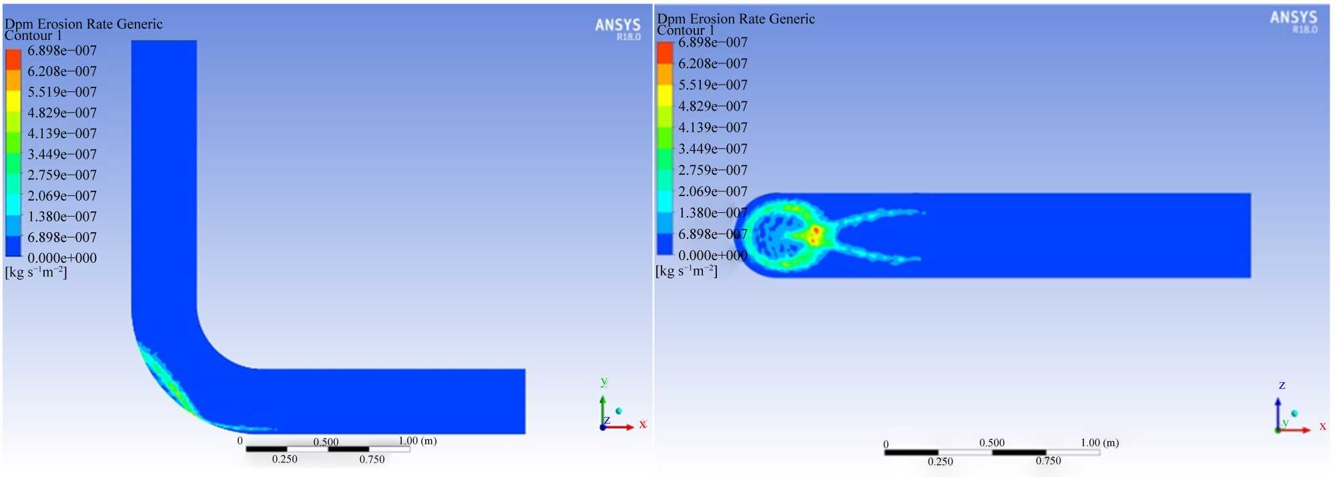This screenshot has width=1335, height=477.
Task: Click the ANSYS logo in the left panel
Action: [617, 29]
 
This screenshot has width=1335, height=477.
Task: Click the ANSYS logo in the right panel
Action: [1294, 21]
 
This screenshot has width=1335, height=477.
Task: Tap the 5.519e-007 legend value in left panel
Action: [62, 92]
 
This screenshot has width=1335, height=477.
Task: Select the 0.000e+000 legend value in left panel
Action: [62, 258]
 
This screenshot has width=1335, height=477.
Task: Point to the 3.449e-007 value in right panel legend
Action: [713, 149]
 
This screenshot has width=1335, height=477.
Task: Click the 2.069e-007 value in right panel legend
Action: [713, 191]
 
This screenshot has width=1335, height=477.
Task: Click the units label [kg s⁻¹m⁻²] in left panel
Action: [36, 272]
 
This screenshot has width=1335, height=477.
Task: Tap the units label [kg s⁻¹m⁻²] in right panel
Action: [687, 271]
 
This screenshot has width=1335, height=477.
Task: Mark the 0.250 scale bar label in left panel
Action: [284, 459]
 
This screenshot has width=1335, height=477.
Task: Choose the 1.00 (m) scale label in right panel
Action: [1100, 442]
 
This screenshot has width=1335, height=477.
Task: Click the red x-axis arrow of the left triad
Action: [619, 426]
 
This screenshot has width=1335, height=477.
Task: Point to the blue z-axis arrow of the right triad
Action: [1278, 414]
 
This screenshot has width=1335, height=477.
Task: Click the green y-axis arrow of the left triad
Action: [603, 410]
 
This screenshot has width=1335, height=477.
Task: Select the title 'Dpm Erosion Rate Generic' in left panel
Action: [83, 24]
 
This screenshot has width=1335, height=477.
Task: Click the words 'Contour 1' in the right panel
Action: [686, 30]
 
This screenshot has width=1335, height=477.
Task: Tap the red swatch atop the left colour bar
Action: [13, 60]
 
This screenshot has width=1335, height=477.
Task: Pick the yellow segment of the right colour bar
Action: [665, 95]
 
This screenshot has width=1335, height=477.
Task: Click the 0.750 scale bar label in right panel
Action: [1048, 461]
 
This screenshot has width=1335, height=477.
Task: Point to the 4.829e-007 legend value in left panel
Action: [62, 113]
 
